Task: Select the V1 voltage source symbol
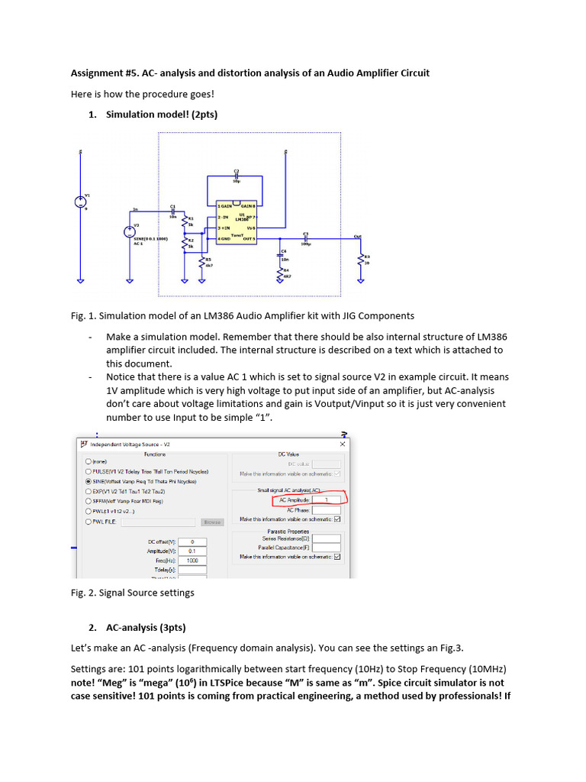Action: coord(80,202)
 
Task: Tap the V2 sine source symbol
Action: coord(129,232)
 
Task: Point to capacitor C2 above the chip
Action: coord(237,176)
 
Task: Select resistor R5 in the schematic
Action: coord(201,262)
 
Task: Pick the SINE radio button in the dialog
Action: coord(89,482)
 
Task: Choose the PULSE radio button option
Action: coord(89,472)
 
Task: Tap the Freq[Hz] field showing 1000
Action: coord(192,560)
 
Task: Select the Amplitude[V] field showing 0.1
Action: coord(192,551)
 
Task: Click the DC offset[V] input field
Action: coord(192,541)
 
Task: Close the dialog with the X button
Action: coord(342,444)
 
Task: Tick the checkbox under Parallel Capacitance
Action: coord(337,557)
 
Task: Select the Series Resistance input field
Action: coord(326,538)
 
